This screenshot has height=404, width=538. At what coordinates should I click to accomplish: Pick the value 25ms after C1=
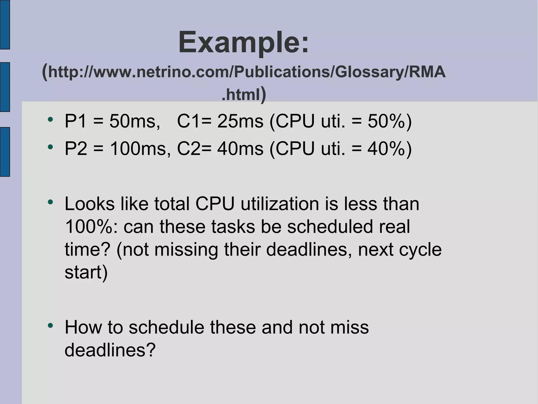(x=240, y=121)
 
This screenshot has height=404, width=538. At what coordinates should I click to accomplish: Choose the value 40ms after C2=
(x=240, y=149)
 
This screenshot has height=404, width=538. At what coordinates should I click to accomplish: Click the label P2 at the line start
(x=76, y=149)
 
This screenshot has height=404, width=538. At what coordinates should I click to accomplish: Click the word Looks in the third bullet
(x=90, y=204)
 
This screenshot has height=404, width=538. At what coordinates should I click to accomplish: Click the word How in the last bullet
(x=83, y=327)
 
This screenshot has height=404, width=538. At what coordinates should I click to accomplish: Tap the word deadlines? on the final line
(x=110, y=350)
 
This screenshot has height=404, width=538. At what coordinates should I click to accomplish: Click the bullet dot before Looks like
(x=50, y=202)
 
